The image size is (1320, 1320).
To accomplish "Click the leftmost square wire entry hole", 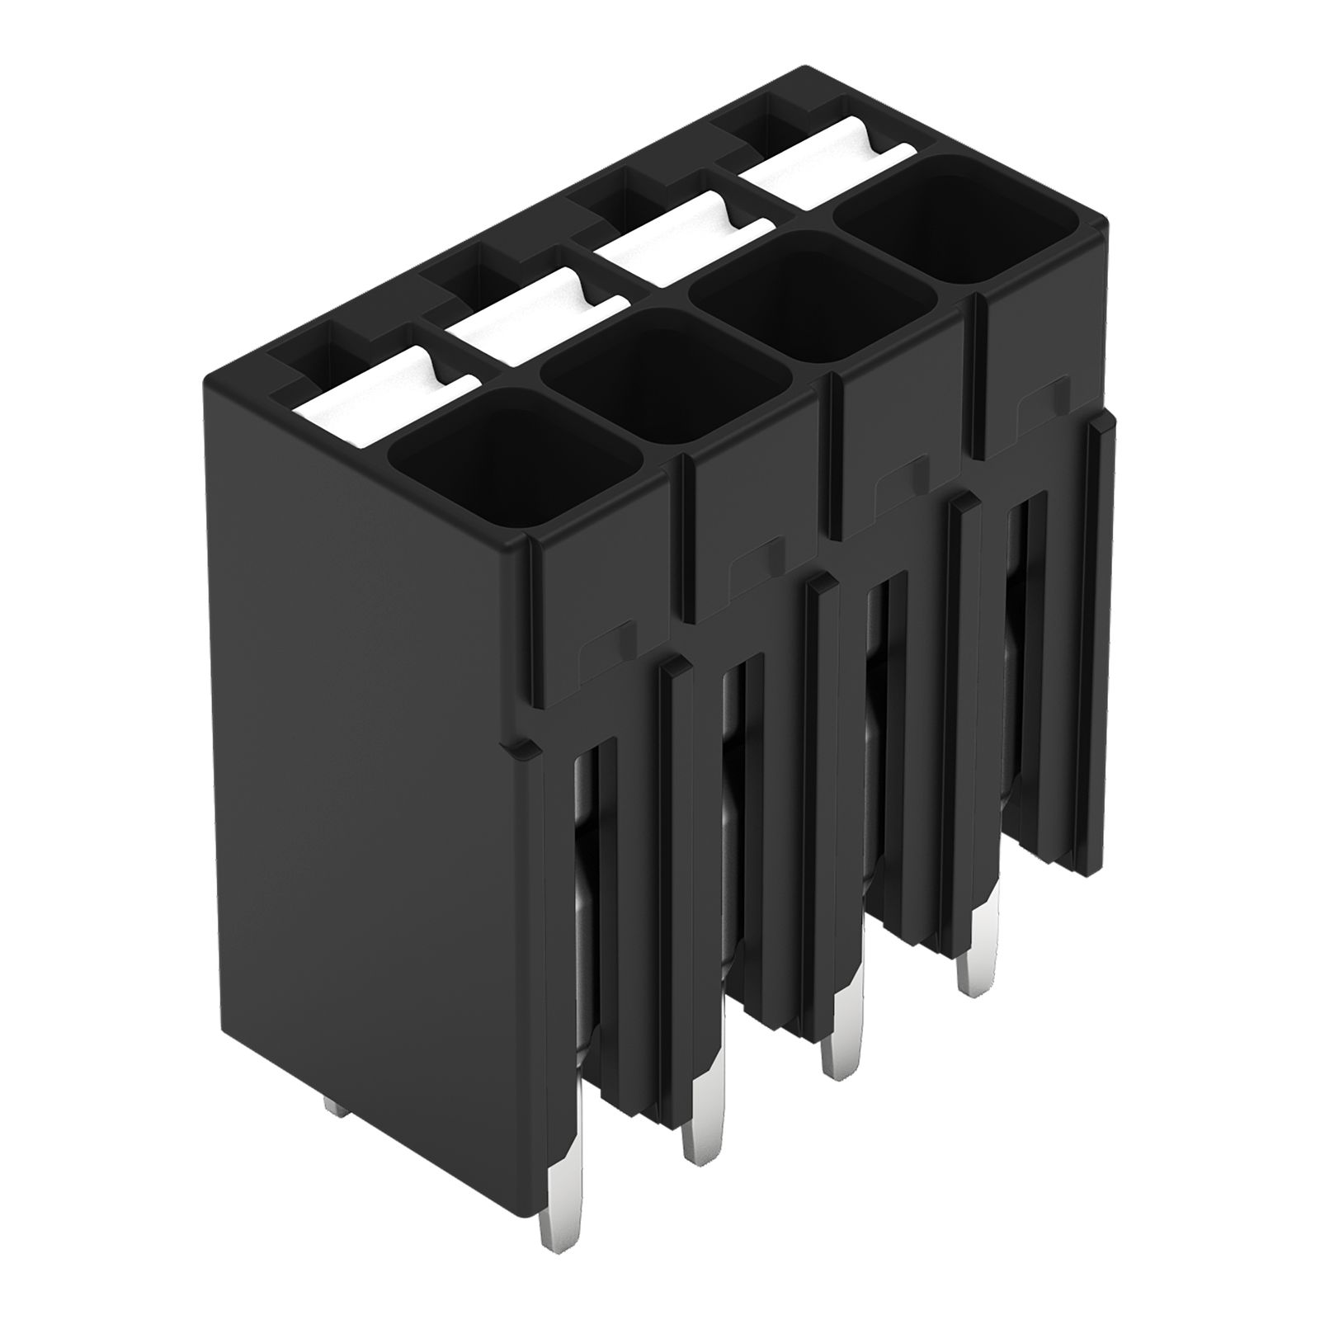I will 511,458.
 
